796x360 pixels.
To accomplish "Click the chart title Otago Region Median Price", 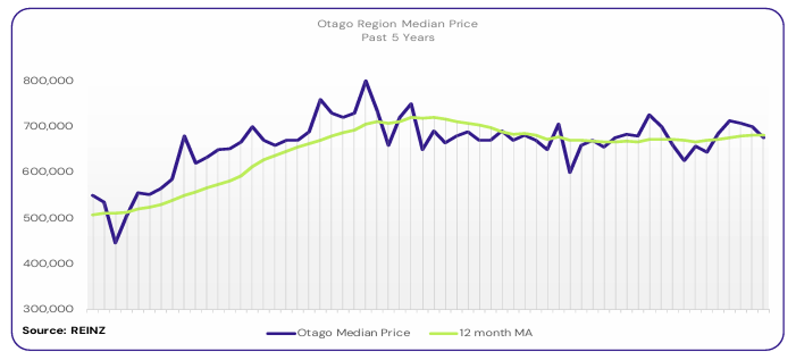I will (397, 24).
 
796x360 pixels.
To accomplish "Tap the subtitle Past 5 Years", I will (397, 37).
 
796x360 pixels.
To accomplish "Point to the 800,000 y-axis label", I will (48, 80).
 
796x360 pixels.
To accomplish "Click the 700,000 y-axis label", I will (48, 126).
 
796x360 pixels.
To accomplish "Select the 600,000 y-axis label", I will (48, 172).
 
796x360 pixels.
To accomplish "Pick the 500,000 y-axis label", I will (48, 218).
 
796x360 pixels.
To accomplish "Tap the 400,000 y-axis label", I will (48, 263).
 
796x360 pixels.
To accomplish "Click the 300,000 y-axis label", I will (48, 309).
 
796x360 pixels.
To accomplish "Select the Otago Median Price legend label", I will (354, 332).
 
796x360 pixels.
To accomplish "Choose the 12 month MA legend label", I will (495, 332).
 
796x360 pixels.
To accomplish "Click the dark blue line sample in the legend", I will (281, 332).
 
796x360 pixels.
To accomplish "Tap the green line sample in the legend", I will (444, 332).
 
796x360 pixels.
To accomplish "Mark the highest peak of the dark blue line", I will (366, 80).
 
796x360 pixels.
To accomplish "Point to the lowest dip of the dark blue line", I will (115, 243).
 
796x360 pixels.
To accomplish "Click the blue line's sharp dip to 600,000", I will (569, 172).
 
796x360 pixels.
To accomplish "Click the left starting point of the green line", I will (92, 214).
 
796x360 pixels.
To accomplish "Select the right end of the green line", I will (764, 135).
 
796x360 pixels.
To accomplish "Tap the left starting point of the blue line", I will (92, 195).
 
